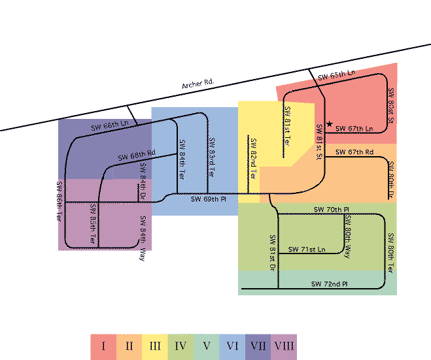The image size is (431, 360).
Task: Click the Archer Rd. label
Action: click(x=198, y=84)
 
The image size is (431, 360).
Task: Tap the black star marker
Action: click(x=330, y=124)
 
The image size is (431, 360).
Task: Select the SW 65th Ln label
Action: click(x=336, y=76)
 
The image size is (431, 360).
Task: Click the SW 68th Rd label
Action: click(x=137, y=155)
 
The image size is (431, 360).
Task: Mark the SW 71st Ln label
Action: click(x=307, y=250)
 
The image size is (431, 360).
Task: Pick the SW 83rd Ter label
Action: click(x=211, y=157)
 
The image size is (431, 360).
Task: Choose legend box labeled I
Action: click(x=103, y=346)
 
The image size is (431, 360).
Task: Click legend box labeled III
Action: click(x=155, y=346)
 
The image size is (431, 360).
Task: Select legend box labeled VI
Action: click(x=232, y=346)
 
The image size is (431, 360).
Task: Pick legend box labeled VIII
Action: click(x=283, y=346)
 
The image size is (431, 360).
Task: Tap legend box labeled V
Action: click(x=206, y=346)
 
